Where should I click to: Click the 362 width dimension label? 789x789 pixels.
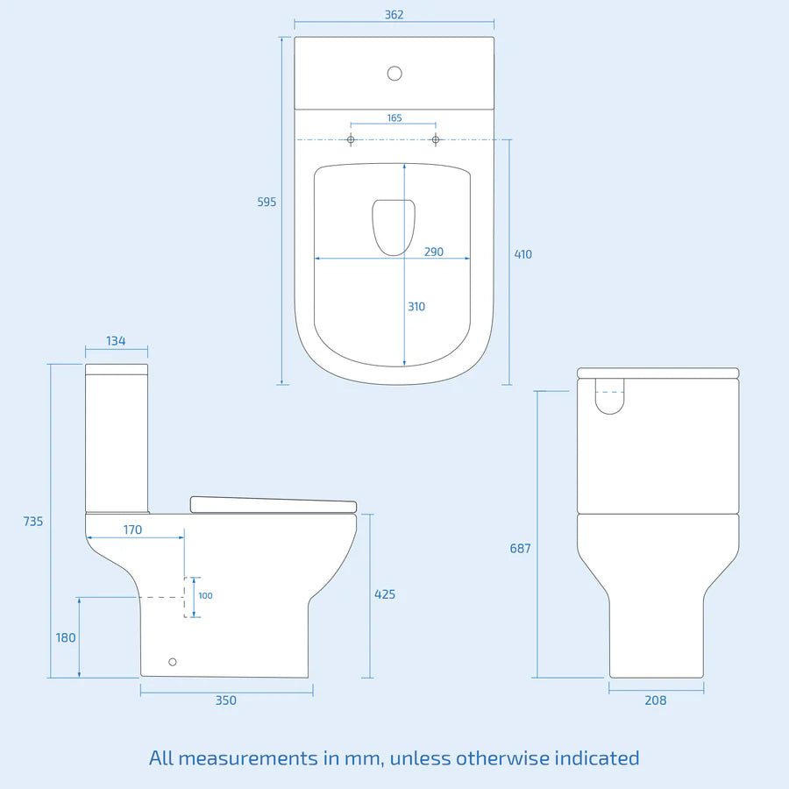(x=394, y=15)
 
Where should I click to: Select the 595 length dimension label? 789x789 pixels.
(x=267, y=203)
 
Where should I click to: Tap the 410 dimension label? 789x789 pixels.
(x=522, y=255)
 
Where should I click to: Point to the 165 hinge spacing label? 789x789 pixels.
(x=394, y=117)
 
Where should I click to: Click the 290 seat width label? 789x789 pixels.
(x=434, y=252)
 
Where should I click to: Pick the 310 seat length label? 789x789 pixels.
(x=416, y=307)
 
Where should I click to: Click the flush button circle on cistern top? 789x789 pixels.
(x=394, y=74)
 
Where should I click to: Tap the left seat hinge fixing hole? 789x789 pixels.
(x=351, y=139)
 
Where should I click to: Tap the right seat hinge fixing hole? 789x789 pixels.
(x=435, y=139)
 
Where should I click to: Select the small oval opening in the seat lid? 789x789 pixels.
(x=394, y=225)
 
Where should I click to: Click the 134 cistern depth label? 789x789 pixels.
(x=116, y=341)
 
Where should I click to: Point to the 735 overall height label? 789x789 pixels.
(x=32, y=522)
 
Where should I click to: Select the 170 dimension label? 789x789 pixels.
(x=131, y=530)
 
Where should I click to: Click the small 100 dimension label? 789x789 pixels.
(x=205, y=596)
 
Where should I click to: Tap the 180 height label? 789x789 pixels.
(x=66, y=638)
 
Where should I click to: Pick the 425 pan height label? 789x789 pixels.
(x=384, y=594)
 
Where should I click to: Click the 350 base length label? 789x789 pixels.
(x=226, y=700)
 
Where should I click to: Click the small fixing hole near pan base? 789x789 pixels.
(x=172, y=662)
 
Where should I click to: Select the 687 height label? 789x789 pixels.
(x=520, y=549)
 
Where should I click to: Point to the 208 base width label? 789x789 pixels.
(x=655, y=700)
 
